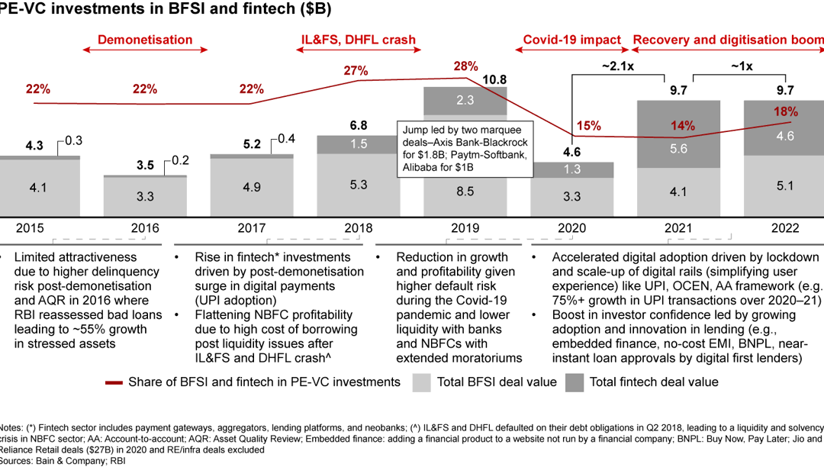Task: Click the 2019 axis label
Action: (464, 227)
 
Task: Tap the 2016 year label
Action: (145, 227)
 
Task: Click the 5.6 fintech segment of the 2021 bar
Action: (678, 150)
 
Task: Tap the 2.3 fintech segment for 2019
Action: (464, 100)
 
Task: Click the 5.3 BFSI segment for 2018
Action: (358, 184)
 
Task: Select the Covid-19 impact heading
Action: (571, 40)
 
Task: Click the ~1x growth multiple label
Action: (739, 66)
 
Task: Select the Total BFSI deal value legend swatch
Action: (422, 382)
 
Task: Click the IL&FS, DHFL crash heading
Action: (358, 40)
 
